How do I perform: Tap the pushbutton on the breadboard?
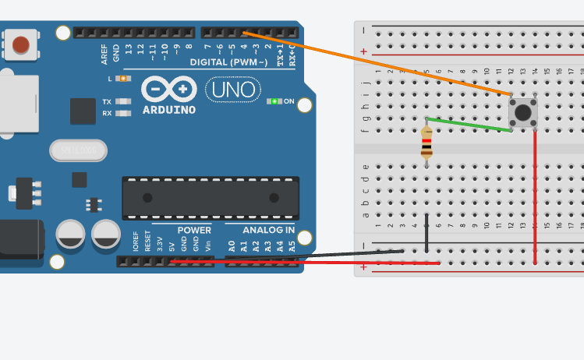523,112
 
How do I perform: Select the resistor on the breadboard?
426,143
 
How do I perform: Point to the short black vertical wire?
426,233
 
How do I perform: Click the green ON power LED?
274,101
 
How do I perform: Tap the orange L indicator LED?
122,79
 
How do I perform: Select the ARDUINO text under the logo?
169,110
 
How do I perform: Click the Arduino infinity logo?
169,89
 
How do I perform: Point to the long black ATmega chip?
211,198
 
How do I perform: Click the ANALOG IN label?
268,231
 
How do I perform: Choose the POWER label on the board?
194,231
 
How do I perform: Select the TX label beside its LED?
107,102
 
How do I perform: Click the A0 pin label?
232,245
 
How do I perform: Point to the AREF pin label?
104,54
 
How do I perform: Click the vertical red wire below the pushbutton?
535,195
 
